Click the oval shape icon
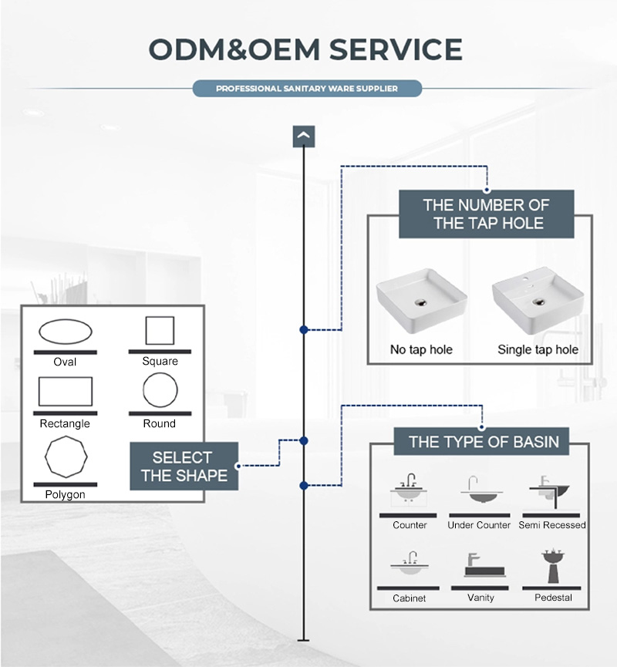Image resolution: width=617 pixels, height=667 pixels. click(66, 332)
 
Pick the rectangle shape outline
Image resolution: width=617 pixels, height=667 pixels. click(66, 391)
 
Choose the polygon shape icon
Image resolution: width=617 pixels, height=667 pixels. click(66, 457)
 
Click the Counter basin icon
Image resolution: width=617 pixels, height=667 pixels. click(409, 491)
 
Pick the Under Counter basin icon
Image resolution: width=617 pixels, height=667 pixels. click(479, 491)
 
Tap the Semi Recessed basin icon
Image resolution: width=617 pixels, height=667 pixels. click(551, 490)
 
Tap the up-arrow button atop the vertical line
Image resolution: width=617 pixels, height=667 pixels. click(304, 136)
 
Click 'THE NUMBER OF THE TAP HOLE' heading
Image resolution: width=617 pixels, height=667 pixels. click(486, 214)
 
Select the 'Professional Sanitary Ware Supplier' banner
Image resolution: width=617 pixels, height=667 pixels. click(307, 89)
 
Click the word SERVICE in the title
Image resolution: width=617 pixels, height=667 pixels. click(396, 49)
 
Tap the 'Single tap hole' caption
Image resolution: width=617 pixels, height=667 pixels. click(538, 349)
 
